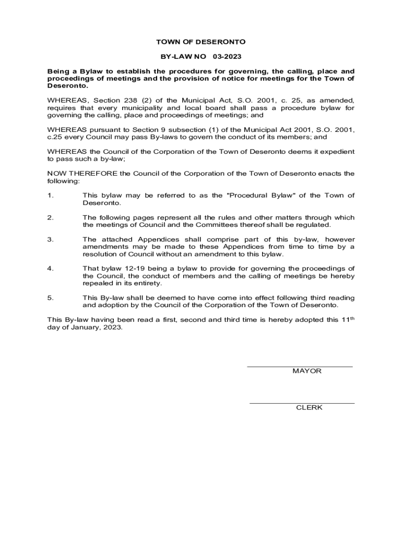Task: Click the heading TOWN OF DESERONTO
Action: [x=201, y=42]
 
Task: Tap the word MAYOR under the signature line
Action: [x=306, y=371]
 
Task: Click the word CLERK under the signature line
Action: [x=309, y=408]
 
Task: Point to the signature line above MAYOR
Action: [x=299, y=367]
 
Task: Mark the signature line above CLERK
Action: [x=302, y=403]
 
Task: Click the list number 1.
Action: [x=50, y=196]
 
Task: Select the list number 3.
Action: [x=50, y=239]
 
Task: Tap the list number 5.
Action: [x=50, y=298]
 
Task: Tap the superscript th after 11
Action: [x=352, y=318]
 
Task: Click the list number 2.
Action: [x=50, y=217]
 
